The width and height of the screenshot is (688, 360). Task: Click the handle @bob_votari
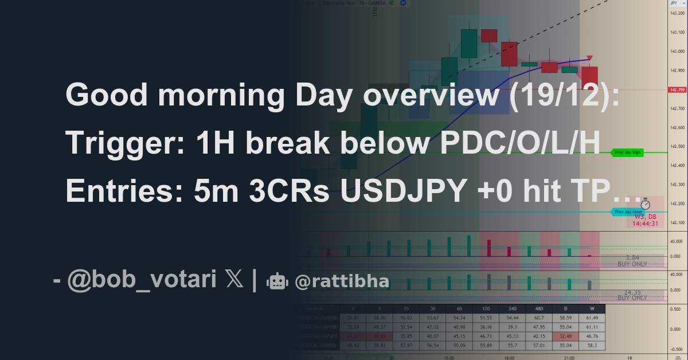(x=142, y=280)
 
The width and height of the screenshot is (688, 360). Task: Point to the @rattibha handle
(x=342, y=281)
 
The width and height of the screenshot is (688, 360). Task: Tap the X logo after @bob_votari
(x=234, y=280)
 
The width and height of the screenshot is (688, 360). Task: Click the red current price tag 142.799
(x=677, y=89)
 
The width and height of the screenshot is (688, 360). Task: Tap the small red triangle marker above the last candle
(x=589, y=57)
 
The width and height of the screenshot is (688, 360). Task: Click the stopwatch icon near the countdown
(x=645, y=204)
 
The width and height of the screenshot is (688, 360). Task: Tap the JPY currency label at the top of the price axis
(x=674, y=3)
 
